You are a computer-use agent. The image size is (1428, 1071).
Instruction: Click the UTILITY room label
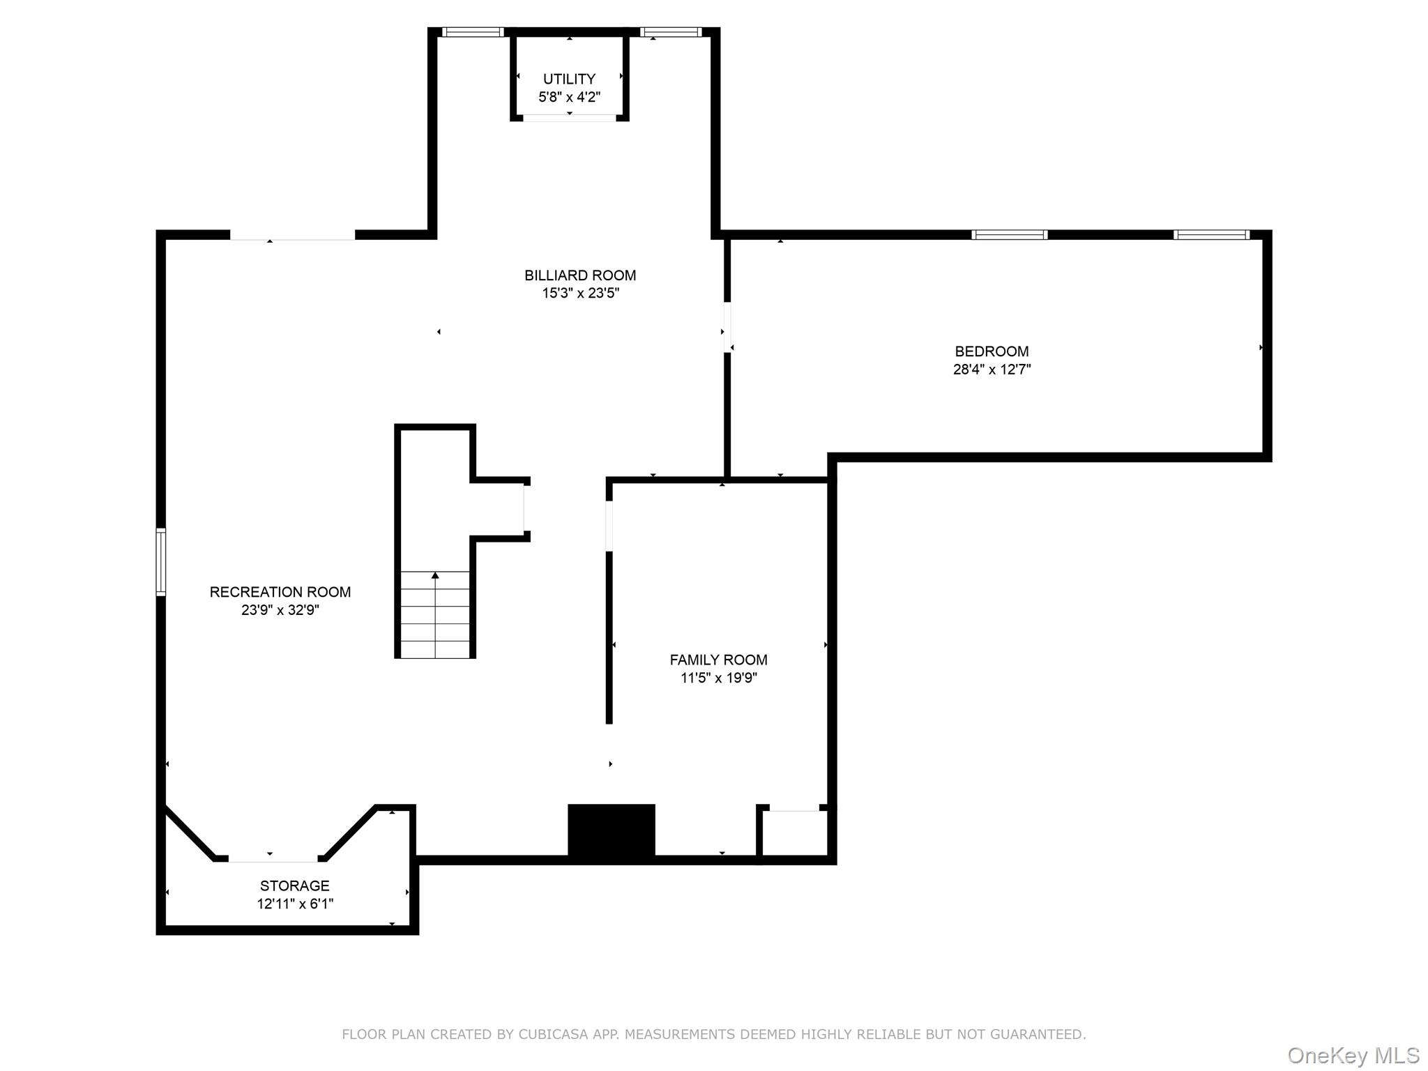coord(569,79)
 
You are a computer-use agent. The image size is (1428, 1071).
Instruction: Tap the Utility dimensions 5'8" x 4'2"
coord(569,97)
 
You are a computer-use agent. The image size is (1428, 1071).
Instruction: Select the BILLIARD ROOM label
coord(580,275)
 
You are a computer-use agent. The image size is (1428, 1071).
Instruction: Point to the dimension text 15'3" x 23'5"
coord(580,293)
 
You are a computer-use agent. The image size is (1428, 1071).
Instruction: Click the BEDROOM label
coord(992,351)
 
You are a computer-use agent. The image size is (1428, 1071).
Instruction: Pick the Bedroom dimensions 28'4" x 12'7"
coord(992,370)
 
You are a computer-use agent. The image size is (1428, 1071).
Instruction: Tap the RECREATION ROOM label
coord(280,592)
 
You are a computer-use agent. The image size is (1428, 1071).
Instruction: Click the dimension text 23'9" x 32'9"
coord(280,610)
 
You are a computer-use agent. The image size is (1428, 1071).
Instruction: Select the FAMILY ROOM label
coord(718,660)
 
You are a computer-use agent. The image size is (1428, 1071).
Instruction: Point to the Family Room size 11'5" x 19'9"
coord(718,678)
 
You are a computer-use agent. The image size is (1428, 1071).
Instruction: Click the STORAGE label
coord(294,886)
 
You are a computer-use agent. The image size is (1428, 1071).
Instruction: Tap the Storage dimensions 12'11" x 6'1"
coord(295,904)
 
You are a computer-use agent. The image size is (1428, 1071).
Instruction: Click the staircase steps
coord(435,614)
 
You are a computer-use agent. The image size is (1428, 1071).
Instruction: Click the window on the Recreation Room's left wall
coord(161,562)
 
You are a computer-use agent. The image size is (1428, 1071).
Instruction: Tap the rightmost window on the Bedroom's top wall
coord(1211,235)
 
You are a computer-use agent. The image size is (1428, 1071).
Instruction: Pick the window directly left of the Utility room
coord(473,32)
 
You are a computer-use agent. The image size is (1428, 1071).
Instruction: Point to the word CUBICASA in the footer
coord(554,1034)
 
